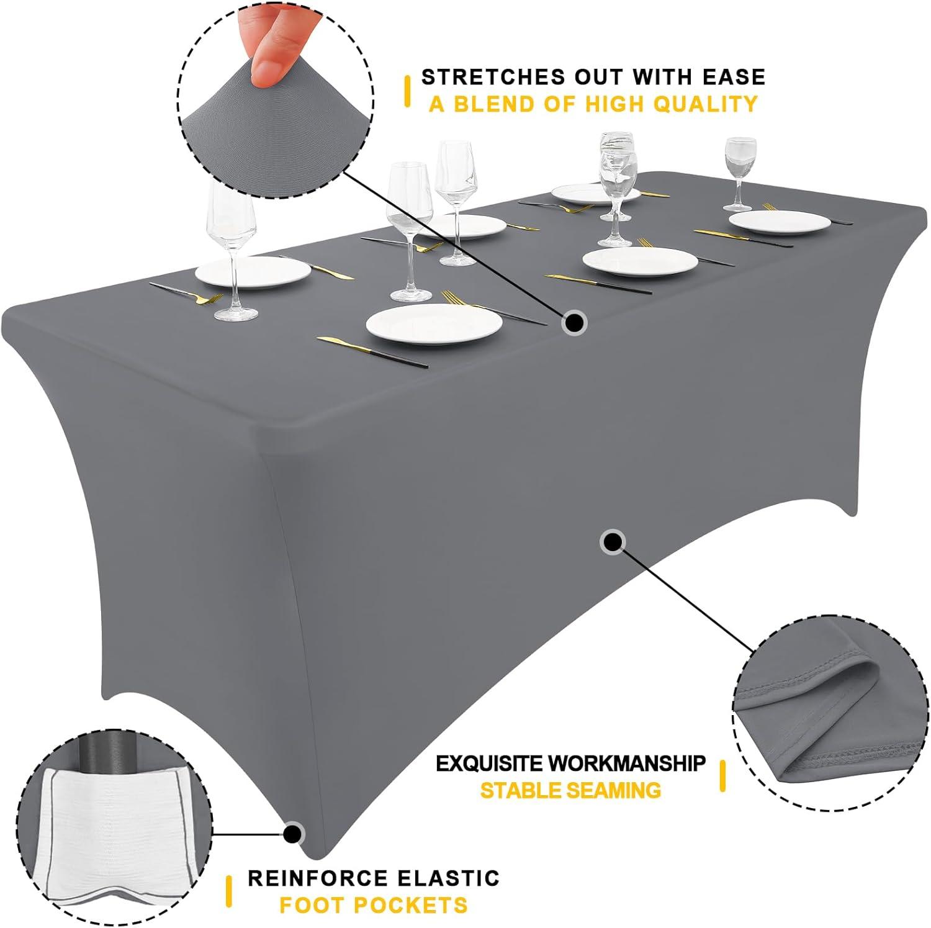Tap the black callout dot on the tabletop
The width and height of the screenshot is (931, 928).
[x=575, y=323]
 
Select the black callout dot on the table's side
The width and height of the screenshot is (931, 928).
[x=613, y=542]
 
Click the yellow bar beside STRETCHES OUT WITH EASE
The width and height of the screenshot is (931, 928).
[x=407, y=91]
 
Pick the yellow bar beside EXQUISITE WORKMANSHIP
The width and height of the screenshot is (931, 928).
[x=722, y=776]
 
